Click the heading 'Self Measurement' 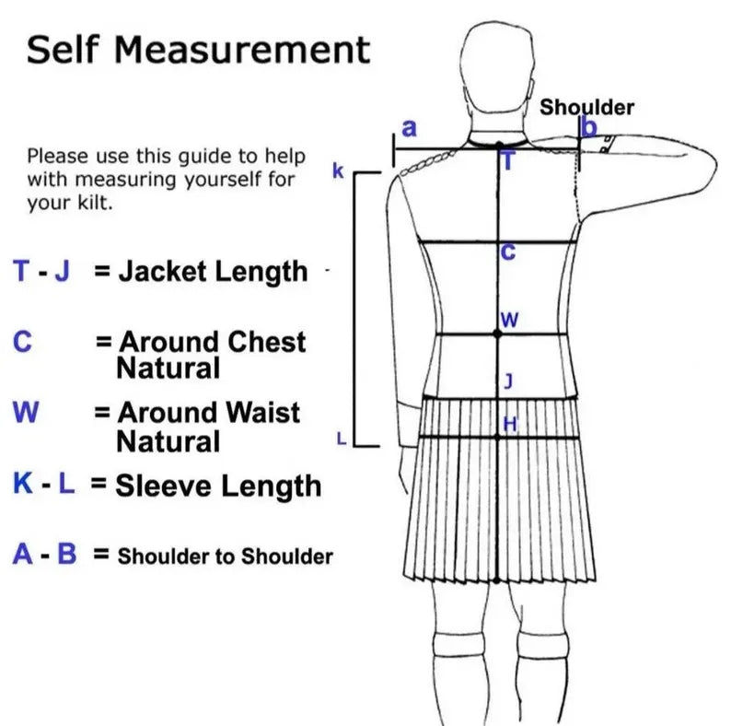click(x=198, y=49)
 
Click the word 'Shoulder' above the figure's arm click(x=586, y=107)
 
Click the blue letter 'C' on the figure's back click(x=507, y=252)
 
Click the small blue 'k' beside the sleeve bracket click(x=338, y=171)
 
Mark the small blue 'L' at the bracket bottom click(x=341, y=439)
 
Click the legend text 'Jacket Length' click(x=213, y=272)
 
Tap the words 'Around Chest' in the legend click(x=213, y=342)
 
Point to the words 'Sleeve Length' click(x=218, y=486)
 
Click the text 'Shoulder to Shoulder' click(x=226, y=556)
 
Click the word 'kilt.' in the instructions click(x=91, y=204)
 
